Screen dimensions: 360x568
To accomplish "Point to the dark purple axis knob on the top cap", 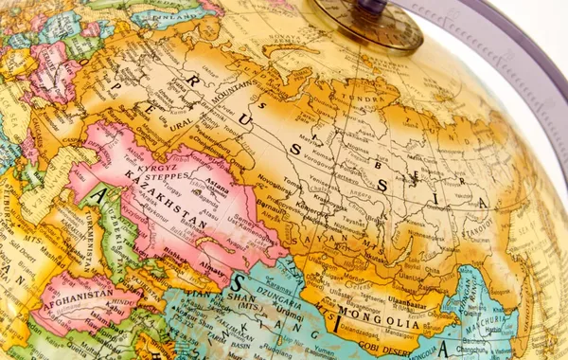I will (x=372, y=9).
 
